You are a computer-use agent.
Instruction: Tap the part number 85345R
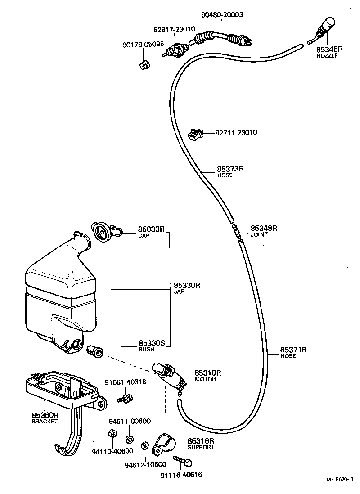point(329,49)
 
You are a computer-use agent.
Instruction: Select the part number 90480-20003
point(222,14)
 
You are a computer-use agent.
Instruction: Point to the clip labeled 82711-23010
point(195,134)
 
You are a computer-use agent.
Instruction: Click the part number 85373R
point(230,169)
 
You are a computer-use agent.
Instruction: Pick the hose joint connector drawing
point(237,230)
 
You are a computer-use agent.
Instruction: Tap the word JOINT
point(259,234)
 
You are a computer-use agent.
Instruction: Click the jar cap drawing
point(102,232)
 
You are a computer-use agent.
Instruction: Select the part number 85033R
point(151,229)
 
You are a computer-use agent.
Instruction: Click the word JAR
point(179,291)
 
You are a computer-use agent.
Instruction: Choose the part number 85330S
point(152,343)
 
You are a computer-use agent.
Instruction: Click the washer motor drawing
point(170,375)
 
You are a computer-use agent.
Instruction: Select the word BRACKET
point(45,422)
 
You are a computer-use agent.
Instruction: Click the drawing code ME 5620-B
point(340,480)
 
